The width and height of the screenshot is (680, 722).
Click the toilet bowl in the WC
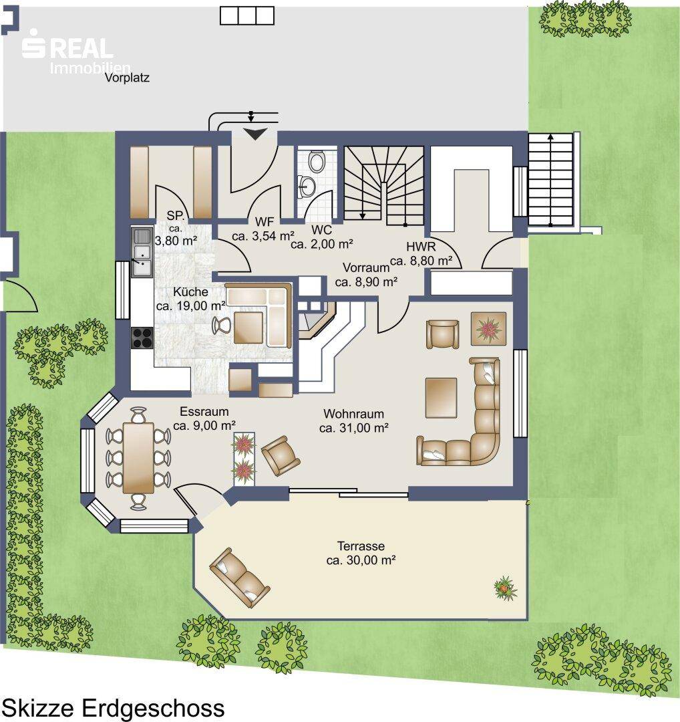(x=316, y=161)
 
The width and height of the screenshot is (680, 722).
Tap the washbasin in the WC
(x=307, y=186)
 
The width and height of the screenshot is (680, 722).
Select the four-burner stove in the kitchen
(x=142, y=338)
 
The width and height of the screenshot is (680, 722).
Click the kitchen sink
(x=142, y=252)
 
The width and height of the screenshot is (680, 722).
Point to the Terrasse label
(x=361, y=546)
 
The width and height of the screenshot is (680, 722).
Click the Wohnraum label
(x=353, y=414)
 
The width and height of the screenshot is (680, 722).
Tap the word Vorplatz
(x=127, y=78)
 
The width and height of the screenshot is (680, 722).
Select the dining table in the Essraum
(x=138, y=458)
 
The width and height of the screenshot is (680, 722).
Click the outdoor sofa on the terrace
(x=239, y=578)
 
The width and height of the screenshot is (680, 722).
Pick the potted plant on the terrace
(x=505, y=588)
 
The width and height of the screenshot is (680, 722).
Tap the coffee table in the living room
(x=442, y=397)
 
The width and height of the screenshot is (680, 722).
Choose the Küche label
(x=190, y=292)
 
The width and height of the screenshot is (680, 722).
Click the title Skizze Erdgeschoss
(x=114, y=707)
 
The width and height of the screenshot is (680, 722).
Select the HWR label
(x=421, y=247)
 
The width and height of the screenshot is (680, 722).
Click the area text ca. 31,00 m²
(x=354, y=428)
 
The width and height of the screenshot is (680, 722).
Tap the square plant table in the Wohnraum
(x=488, y=328)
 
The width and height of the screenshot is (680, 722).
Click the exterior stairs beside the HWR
(x=551, y=180)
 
